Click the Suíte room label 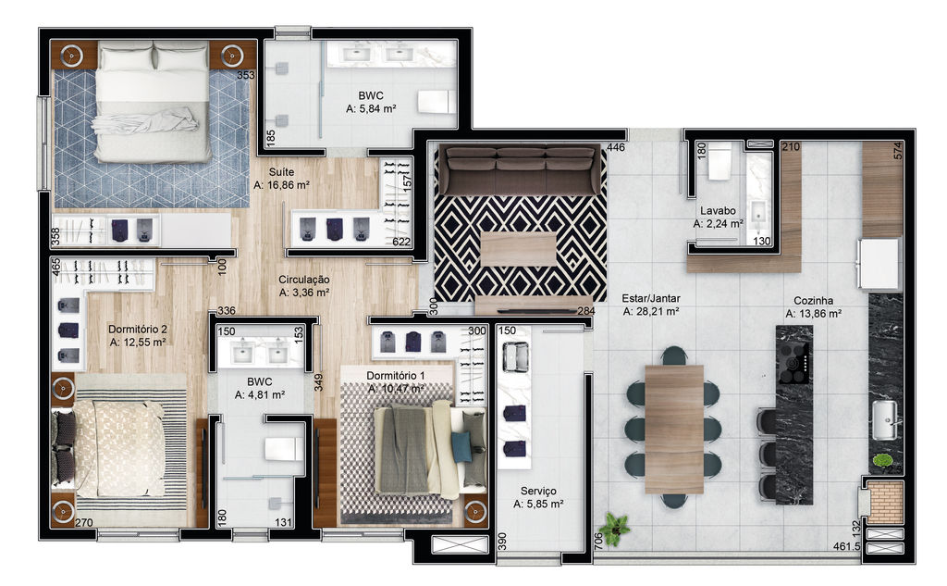tap(281, 172)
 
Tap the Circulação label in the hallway tap(303, 280)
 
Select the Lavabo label tap(718, 210)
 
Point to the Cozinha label tap(814, 301)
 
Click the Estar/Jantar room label tap(651, 298)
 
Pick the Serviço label tap(538, 491)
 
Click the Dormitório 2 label tap(138, 329)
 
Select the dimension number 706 tap(598, 541)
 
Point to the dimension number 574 tap(897, 151)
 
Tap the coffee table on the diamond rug tap(519, 249)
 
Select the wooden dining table tap(674, 429)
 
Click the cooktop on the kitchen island tap(793, 362)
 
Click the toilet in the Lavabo tap(719, 161)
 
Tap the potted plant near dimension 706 tap(615, 528)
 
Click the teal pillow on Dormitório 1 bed tap(462, 447)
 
